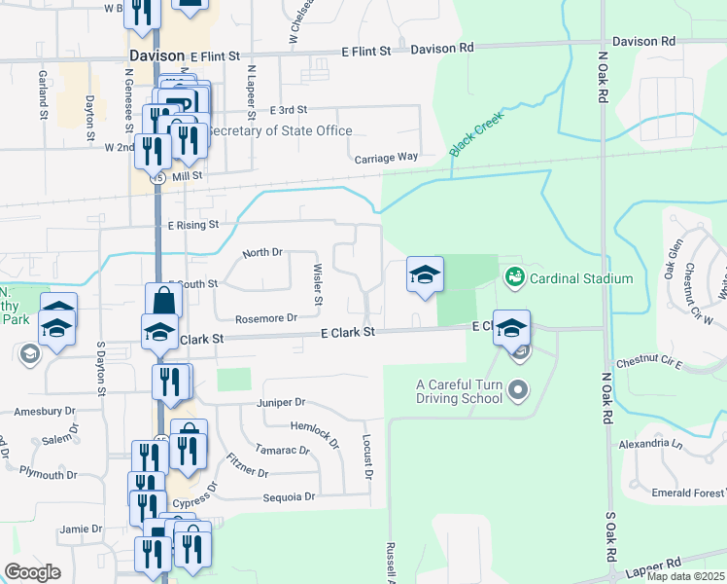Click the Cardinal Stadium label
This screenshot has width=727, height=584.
click(580, 278)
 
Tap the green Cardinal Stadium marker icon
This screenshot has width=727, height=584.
click(514, 278)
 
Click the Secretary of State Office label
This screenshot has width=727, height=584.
click(280, 131)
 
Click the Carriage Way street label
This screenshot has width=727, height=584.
click(386, 157)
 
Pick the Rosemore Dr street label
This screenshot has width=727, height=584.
click(265, 318)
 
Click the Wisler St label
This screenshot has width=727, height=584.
click(318, 279)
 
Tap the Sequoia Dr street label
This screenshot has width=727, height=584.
click(289, 497)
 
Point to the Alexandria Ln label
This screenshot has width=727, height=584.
click(651, 444)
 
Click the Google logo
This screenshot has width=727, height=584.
click(32, 572)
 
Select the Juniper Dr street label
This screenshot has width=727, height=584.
click(282, 402)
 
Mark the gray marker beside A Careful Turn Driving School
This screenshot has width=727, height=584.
click(518, 391)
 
